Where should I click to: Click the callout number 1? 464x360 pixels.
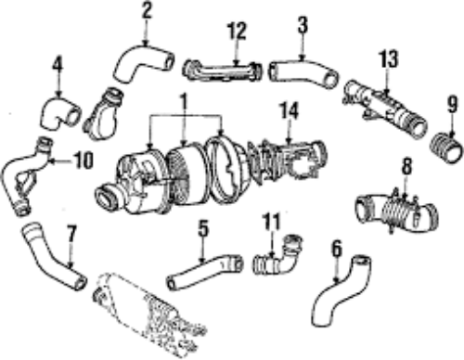click(x=185, y=100)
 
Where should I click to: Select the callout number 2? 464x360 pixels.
click(x=147, y=11)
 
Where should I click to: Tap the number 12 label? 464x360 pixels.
click(x=237, y=31)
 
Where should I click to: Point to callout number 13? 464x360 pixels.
click(x=389, y=58)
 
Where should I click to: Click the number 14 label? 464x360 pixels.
click(x=290, y=110)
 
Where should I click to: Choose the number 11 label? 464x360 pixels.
click(x=272, y=222)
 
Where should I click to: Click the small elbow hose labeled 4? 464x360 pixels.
click(x=60, y=113)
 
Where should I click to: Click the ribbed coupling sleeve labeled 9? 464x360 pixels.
click(x=446, y=148)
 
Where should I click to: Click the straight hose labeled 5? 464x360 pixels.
click(x=204, y=270)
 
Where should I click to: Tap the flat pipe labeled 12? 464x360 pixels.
click(x=222, y=71)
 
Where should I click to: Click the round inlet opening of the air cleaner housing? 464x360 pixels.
click(x=108, y=198)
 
